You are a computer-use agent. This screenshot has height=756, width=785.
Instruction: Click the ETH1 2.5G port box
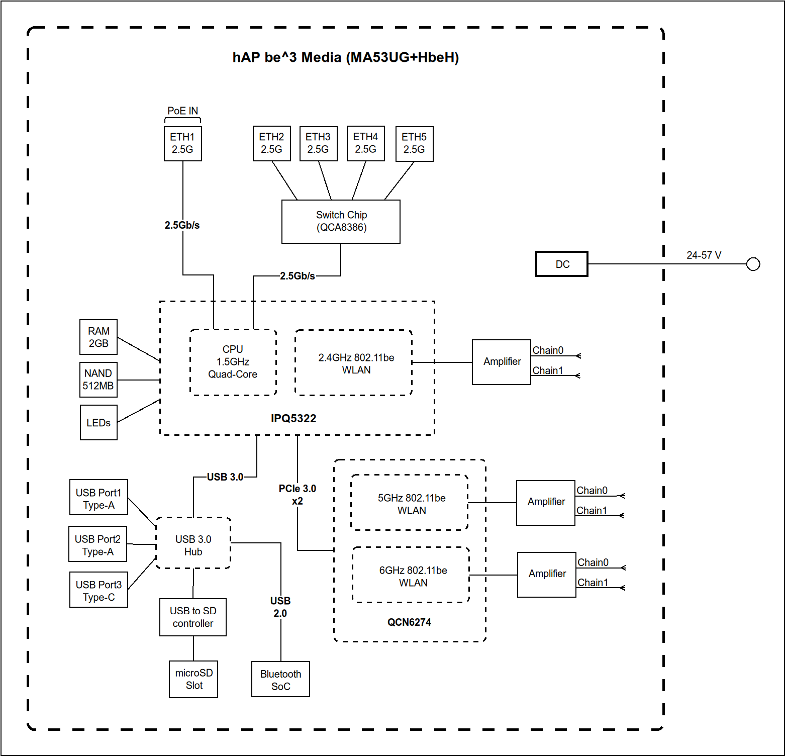click(x=183, y=143)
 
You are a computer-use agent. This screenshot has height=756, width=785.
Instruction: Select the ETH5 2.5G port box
click(x=414, y=143)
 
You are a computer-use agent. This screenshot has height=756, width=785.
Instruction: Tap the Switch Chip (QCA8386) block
click(x=341, y=221)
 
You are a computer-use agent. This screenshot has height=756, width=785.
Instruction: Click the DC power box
click(x=562, y=264)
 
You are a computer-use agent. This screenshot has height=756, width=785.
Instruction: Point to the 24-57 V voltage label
click(x=704, y=255)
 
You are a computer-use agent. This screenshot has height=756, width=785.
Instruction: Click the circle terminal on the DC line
click(x=753, y=264)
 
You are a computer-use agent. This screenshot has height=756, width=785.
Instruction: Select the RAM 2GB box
click(x=99, y=337)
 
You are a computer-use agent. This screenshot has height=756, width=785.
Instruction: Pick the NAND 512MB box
click(x=99, y=380)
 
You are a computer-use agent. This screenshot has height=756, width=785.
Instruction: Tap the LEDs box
click(x=99, y=422)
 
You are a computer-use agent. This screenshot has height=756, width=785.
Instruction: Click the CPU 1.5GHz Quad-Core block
click(x=233, y=362)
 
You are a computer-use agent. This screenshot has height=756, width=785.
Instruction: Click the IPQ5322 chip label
click(x=293, y=418)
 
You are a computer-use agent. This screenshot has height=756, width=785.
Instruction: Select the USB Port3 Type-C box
click(x=99, y=590)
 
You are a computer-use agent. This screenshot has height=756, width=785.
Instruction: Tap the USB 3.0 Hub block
click(x=193, y=545)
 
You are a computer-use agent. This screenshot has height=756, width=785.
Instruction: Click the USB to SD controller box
click(x=193, y=617)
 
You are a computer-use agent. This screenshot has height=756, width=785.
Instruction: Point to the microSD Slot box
click(x=193, y=679)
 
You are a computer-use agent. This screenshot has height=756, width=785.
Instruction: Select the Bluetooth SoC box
click(x=280, y=680)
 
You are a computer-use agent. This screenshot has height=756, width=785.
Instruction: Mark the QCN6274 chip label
click(x=409, y=622)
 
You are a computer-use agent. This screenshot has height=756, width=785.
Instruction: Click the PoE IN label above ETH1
click(x=183, y=111)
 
